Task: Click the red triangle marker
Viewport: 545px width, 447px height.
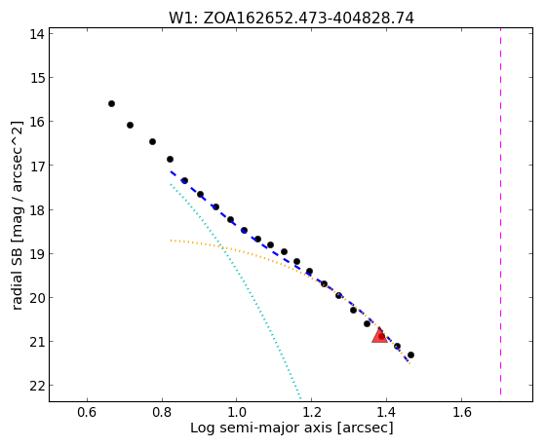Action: pyautogui.click(x=379, y=335)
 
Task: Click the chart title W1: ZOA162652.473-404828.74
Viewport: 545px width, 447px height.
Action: pyautogui.click(x=292, y=19)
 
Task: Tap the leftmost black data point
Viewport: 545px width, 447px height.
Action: pyautogui.click(x=111, y=103)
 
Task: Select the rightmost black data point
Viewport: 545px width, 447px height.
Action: pyautogui.click(x=410, y=354)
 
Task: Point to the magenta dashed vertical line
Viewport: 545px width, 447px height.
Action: pyautogui.click(x=500, y=211)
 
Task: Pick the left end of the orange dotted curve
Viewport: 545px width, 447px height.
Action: pyautogui.click(x=171, y=241)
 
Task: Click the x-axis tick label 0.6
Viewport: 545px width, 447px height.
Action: pyautogui.click(x=87, y=412)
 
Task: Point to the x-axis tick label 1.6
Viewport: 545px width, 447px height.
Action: pyautogui.click(x=462, y=412)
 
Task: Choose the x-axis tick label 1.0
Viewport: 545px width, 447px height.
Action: pyautogui.click(x=237, y=412)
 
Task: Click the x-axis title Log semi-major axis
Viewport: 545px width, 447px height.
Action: pyautogui.click(x=261, y=428)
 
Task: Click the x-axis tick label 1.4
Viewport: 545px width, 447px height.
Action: pyautogui.click(x=387, y=412)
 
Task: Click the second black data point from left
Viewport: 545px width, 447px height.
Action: pyautogui.click(x=130, y=125)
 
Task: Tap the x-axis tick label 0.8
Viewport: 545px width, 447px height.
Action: pyautogui.click(x=162, y=412)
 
